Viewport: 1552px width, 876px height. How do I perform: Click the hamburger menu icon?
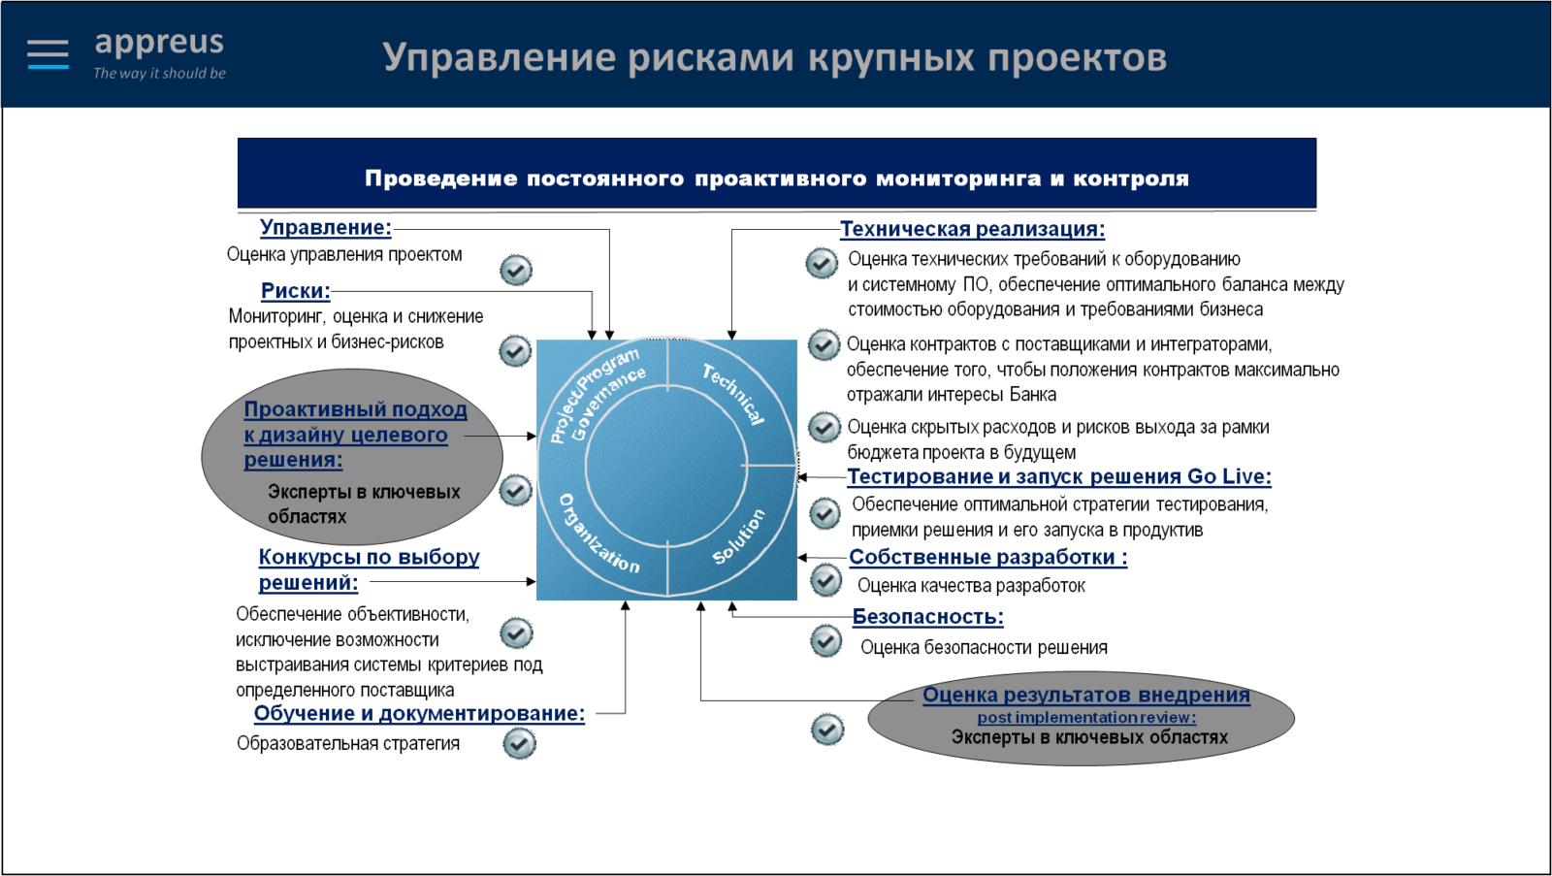coord(48,54)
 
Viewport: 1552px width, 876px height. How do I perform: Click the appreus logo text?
coord(159,43)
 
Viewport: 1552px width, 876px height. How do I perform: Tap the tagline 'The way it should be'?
coord(159,73)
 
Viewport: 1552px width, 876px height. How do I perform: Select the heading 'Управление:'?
coord(326,227)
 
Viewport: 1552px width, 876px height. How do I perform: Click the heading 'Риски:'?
coord(296,290)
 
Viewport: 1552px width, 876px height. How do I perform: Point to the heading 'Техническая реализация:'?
coord(973,229)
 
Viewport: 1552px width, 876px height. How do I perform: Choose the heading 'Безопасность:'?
coord(927,616)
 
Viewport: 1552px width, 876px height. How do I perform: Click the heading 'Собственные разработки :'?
coord(988,557)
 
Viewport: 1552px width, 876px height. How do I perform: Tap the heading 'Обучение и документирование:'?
coord(419,713)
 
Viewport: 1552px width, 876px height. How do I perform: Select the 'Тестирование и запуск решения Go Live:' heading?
coord(1059,476)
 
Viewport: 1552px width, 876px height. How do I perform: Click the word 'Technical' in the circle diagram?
coord(733,393)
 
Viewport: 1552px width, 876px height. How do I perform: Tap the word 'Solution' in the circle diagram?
coord(739,536)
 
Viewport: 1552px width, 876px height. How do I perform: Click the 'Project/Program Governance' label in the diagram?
coord(597,394)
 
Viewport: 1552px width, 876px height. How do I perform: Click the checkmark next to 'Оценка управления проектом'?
coord(516,271)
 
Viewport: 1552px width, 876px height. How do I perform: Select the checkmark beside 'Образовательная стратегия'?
coord(520,744)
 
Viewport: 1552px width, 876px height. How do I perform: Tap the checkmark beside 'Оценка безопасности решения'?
coord(825,640)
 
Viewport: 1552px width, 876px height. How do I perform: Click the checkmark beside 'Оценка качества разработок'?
coord(825,580)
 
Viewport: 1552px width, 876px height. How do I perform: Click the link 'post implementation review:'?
coord(1086,717)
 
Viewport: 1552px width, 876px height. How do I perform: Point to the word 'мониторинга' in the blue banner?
coord(958,178)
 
